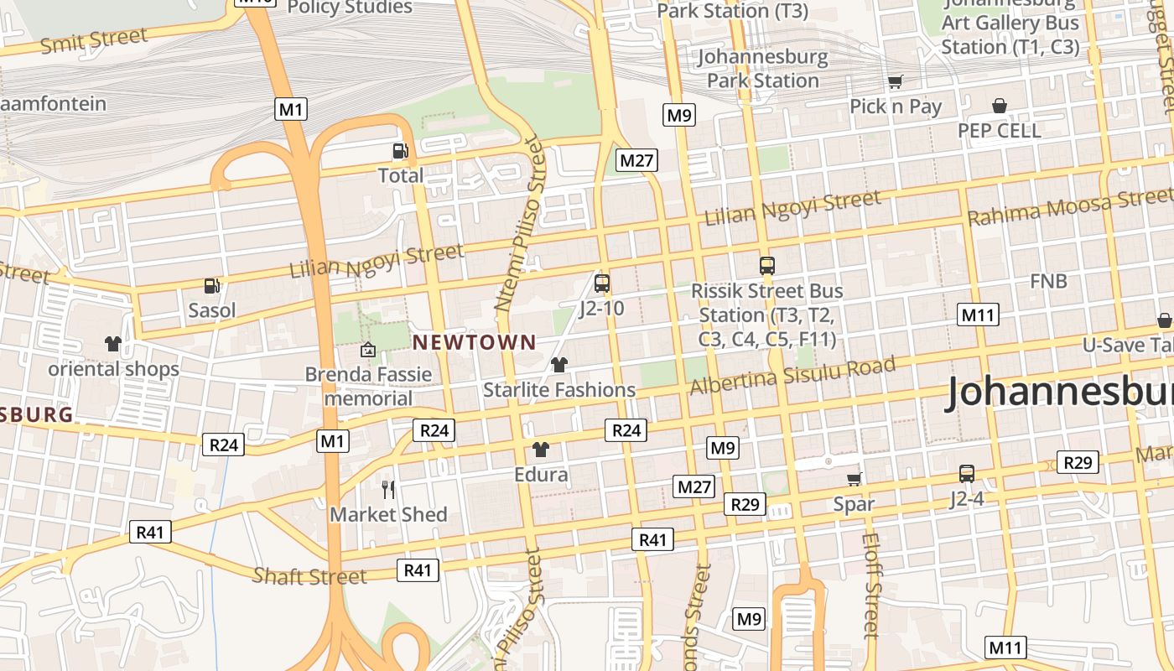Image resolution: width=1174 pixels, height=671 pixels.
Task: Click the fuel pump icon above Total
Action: click(x=401, y=151)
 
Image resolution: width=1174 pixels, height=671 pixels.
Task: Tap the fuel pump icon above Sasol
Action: click(x=212, y=286)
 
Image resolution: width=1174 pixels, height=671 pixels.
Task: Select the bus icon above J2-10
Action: click(x=601, y=283)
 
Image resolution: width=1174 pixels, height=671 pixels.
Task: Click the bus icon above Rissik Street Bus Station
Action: click(x=766, y=266)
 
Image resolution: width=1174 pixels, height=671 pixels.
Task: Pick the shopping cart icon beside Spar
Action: click(x=854, y=479)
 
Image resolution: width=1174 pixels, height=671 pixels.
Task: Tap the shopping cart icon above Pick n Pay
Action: click(x=895, y=82)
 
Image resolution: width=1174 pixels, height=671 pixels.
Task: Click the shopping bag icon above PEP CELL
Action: click(x=999, y=106)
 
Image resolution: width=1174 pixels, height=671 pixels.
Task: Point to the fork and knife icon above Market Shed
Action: click(x=387, y=489)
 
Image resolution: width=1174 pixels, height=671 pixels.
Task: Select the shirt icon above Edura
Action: click(x=541, y=450)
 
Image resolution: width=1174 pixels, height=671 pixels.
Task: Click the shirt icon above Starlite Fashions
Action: click(x=559, y=365)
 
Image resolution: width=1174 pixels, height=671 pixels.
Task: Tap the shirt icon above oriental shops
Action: click(x=113, y=344)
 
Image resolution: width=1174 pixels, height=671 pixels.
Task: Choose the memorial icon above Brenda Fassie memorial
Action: click(x=367, y=349)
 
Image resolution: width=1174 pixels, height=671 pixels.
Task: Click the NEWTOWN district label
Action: click(x=474, y=342)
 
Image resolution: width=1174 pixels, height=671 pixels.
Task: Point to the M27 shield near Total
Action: click(x=636, y=160)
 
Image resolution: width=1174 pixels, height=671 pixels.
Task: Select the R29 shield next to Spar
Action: click(x=745, y=504)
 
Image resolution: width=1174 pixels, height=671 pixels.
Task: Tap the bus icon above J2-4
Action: click(x=966, y=474)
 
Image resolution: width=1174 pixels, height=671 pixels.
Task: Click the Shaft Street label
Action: click(x=309, y=576)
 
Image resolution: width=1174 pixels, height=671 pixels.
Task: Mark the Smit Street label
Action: click(x=94, y=39)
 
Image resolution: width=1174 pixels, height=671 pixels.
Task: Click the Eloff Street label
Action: click(x=870, y=585)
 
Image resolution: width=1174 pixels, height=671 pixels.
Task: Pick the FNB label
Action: click(x=1048, y=281)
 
